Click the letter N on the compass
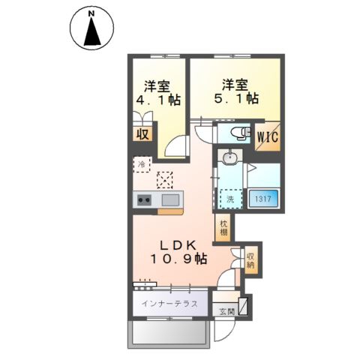92,14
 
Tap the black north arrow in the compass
92,32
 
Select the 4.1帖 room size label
158,100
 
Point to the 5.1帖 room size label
236,98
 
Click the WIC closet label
268,137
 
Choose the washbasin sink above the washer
229,157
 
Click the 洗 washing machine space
231,199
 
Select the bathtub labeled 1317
263,199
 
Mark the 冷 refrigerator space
142,164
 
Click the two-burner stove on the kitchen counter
145,199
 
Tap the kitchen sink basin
170,200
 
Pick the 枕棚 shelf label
223,228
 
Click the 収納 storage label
250,260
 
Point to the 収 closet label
142,134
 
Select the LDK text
178,245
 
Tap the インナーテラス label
169,304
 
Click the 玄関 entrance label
227,311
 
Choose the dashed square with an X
165,180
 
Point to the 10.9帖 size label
178,259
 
